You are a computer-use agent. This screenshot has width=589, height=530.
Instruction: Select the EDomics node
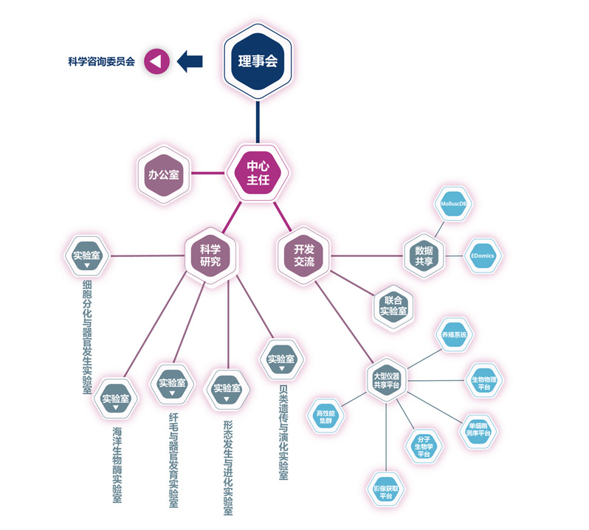483,256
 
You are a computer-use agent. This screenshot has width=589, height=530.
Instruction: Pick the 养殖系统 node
455,335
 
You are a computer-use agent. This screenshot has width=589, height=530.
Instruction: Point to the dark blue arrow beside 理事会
190,62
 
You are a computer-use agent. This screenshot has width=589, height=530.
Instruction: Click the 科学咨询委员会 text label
102,63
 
